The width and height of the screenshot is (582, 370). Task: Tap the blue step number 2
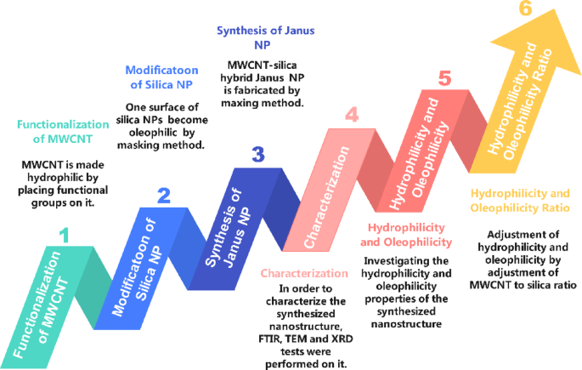point(164,196)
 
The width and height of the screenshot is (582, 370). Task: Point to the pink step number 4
point(351,113)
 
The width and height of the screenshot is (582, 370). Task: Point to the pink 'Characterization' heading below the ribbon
point(304,274)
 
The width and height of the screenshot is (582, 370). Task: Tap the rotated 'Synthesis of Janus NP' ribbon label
point(234,222)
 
